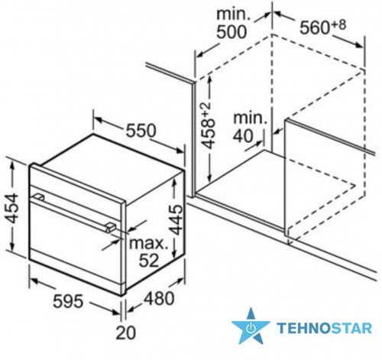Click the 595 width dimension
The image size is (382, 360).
[x=68, y=300]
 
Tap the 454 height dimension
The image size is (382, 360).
[x=11, y=209]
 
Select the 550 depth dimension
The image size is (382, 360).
[x=141, y=131]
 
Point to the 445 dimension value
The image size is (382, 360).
[x=176, y=219]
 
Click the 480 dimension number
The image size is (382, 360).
[x=159, y=298]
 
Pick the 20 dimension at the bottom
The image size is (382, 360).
[x=126, y=332]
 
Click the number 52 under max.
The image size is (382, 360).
[x=149, y=260]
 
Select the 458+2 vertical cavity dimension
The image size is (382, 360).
[x=208, y=125]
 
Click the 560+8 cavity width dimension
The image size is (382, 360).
[x=322, y=27]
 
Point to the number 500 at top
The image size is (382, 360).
[x=231, y=32]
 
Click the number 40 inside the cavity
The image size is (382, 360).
[x=243, y=136]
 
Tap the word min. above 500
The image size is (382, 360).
[x=234, y=14]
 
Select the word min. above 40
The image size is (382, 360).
[x=250, y=118]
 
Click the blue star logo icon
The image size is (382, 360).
[x=251, y=326]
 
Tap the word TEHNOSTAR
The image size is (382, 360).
[x=325, y=328]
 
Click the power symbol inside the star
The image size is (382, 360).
[x=251, y=328]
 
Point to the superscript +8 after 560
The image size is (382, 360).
[x=338, y=24]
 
